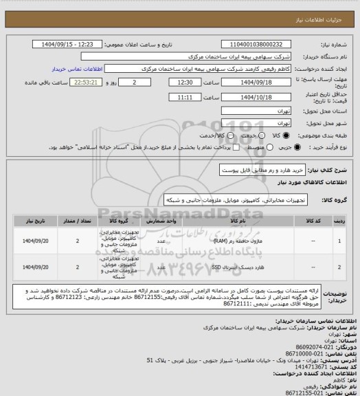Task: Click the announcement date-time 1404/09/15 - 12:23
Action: (76, 45)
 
